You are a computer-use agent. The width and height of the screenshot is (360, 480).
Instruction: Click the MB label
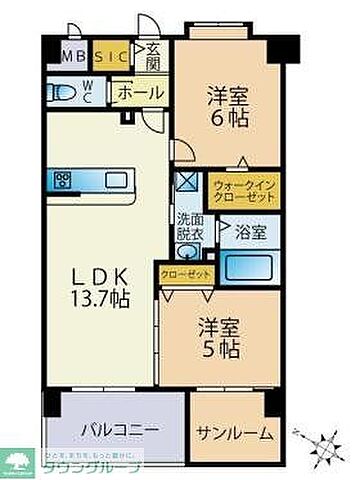[73, 56]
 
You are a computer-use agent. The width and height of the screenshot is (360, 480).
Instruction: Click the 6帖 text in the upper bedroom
[229, 116]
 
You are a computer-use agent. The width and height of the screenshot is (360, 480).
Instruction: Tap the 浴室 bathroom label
[249, 233]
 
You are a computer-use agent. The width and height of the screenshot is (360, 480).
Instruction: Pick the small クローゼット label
[181, 272]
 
